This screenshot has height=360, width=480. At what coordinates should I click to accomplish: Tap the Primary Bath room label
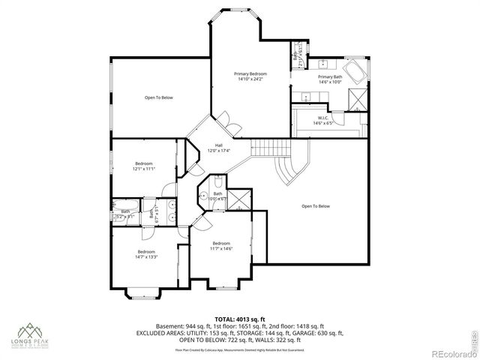tap(330, 79)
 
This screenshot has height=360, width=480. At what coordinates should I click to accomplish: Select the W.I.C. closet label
tap(323, 119)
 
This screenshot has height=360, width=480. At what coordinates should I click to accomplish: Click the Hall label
tap(219, 147)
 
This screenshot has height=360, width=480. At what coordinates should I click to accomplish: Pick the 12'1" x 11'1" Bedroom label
tap(144, 166)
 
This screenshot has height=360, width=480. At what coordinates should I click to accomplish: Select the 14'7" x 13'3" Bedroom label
tap(146, 253)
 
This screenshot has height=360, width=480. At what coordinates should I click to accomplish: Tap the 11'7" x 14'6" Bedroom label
tap(221, 246)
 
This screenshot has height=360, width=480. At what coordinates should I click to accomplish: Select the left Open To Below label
tap(159, 97)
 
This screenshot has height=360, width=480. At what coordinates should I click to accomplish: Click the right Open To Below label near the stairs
tap(316, 206)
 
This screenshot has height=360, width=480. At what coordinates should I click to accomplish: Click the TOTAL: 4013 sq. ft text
tap(239, 319)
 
